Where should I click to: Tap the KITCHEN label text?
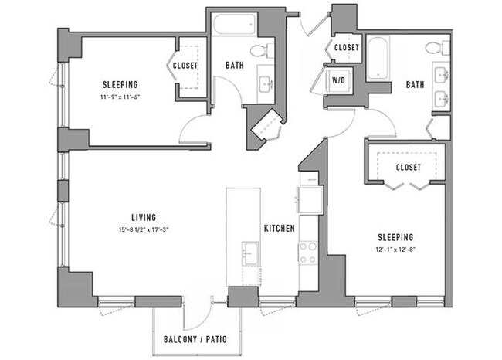[x=277, y=229]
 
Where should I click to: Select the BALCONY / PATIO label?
[x=195, y=339]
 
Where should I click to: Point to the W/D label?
[x=337, y=79]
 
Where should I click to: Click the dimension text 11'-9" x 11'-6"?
[x=120, y=97]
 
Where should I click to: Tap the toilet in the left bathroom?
[x=267, y=50]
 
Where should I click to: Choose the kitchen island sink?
[x=249, y=252]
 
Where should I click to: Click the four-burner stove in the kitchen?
[x=307, y=252]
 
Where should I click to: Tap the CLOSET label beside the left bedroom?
[x=185, y=66]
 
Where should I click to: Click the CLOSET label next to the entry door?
[x=346, y=47]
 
